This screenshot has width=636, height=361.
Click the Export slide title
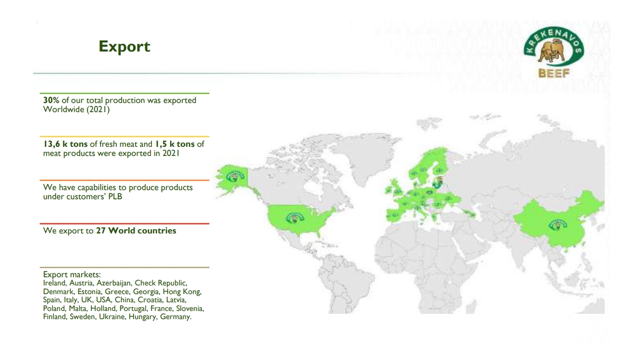point(124,46)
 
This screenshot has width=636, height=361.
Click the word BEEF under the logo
point(554,73)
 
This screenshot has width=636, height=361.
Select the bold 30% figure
point(51,100)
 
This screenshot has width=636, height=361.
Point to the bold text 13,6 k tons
point(65,144)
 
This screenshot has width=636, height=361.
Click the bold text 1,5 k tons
point(175,144)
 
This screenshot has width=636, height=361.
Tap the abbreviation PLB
point(115,196)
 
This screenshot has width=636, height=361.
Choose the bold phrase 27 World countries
point(136,231)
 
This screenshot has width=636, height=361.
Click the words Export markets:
point(72,274)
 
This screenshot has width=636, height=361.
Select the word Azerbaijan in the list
point(113,283)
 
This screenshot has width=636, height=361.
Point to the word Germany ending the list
point(176,317)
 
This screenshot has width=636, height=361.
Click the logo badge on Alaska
point(235,177)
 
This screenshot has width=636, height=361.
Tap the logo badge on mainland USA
point(295,218)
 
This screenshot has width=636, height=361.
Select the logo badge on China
point(558,225)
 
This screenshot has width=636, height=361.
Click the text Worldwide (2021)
point(76,109)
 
